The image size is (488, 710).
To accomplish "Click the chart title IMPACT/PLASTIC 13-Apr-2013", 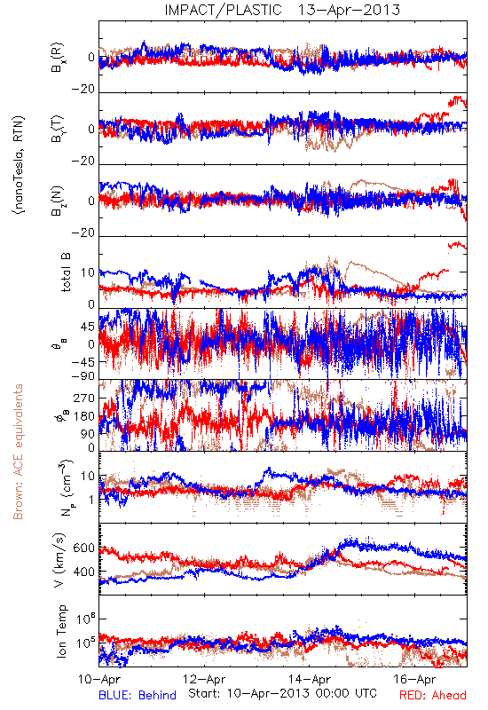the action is (282, 10).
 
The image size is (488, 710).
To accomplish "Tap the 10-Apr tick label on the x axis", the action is (98, 679).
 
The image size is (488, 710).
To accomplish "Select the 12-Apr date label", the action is (204, 679).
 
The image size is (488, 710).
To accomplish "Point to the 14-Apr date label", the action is (310, 679).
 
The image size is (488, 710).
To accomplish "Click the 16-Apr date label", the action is (414, 679).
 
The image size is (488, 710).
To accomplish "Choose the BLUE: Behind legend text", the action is (138, 695).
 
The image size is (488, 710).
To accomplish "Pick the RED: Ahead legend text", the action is (433, 695).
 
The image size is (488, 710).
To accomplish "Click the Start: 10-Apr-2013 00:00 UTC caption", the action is (282, 693).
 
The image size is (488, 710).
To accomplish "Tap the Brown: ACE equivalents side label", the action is (18, 452).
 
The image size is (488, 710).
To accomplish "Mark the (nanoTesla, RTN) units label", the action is (19, 165).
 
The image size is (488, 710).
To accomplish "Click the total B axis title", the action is (66, 272).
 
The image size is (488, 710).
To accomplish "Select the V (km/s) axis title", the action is (60, 560).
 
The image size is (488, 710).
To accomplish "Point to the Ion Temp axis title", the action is (61, 631).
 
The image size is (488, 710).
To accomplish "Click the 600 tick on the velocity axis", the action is (84, 548).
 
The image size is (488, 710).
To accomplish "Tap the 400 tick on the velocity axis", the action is (84, 572).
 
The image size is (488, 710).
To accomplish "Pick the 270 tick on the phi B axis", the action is (84, 398).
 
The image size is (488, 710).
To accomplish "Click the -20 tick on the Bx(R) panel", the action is (83, 90).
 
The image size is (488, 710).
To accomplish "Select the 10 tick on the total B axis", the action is (88, 272).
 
